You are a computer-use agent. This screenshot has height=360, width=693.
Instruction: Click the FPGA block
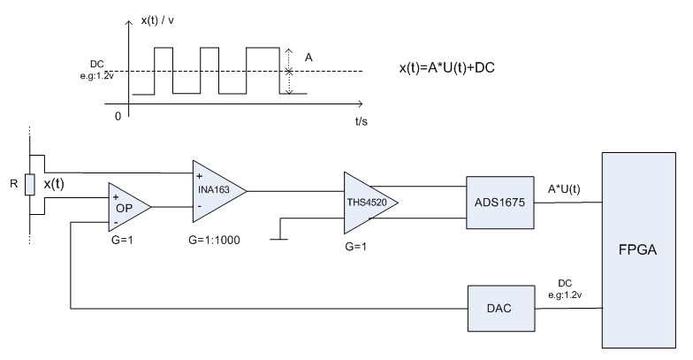[x=638, y=250]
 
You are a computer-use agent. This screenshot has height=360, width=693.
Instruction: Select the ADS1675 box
[x=500, y=203]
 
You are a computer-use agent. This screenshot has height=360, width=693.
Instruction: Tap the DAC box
[x=501, y=308]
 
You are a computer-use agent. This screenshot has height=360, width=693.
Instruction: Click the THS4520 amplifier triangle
[x=370, y=203]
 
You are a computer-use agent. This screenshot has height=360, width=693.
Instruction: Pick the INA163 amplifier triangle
[x=219, y=191]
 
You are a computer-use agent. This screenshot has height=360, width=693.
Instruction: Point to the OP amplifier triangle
[x=129, y=207]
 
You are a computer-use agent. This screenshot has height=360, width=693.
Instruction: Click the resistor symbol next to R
[x=30, y=184]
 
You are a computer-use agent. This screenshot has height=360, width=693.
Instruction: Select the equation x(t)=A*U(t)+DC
[x=447, y=67]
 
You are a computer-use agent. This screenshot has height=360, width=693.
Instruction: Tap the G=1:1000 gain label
[x=214, y=241]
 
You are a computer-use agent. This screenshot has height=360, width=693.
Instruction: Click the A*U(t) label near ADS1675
[x=564, y=189]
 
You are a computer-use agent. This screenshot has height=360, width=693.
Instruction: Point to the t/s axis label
[x=361, y=121]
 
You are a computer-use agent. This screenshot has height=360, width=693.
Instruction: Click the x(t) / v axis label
[x=157, y=20]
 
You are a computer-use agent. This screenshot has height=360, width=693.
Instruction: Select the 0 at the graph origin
[x=118, y=117]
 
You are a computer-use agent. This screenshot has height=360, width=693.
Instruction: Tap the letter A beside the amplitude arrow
[x=308, y=57]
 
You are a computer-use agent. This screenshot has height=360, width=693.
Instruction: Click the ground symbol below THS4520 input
[x=278, y=239]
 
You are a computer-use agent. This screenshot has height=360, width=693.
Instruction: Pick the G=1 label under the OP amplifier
[x=122, y=241]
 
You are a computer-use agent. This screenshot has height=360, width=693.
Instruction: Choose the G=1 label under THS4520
[x=355, y=247]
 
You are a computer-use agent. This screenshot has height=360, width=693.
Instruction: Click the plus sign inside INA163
[x=200, y=177]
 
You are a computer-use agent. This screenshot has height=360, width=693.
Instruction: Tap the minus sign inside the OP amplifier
[x=116, y=222]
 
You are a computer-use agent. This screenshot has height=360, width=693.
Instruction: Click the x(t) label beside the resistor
[x=54, y=184]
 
